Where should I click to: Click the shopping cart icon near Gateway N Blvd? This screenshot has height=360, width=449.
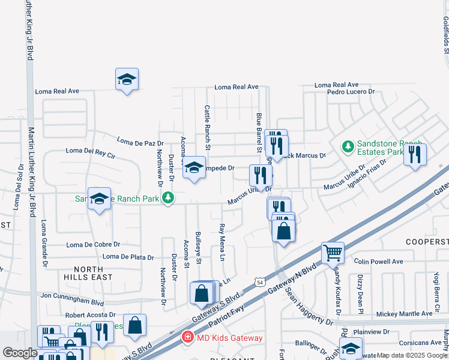(333, 253)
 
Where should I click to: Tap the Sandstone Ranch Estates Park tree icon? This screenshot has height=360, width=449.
(347, 146)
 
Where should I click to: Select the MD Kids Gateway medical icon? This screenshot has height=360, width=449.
(187, 338)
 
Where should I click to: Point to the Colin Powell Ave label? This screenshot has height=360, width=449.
(378, 262)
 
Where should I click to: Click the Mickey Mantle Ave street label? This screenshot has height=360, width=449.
(404, 314)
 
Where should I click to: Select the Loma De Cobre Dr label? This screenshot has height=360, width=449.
(93, 245)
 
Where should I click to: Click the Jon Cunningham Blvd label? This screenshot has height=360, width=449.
(73, 296)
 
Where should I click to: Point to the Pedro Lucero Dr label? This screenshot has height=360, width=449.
(351, 92)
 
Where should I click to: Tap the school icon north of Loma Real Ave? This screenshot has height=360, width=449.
(127, 80)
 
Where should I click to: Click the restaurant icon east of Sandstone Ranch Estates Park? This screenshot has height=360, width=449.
(415, 154)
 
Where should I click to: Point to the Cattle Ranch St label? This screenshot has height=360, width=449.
(207, 127)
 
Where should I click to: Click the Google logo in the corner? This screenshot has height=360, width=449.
(20, 353)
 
